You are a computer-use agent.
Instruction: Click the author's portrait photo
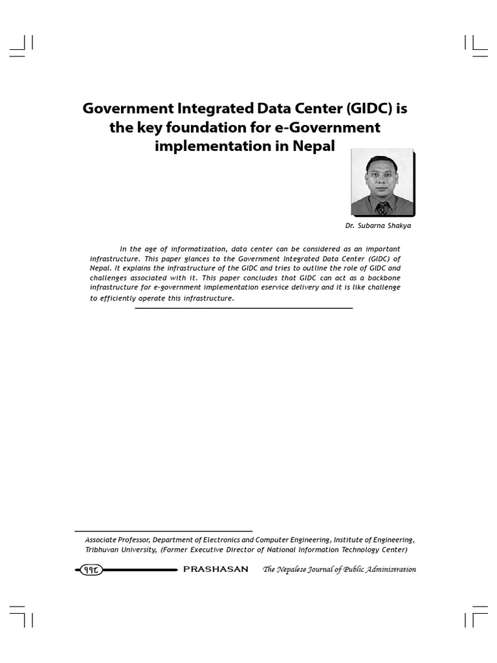pyautogui.click(x=382, y=184)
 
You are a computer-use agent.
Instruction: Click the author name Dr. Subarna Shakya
pyautogui.click(x=378, y=226)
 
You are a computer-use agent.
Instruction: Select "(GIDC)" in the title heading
pyautogui.click(x=364, y=108)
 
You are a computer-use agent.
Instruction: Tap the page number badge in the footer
pyautogui.click(x=89, y=570)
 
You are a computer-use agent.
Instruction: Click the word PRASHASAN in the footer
pyautogui.click(x=215, y=570)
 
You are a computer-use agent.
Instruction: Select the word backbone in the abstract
pyautogui.click(x=383, y=278)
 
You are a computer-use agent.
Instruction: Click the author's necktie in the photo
pyautogui.click(x=382, y=208)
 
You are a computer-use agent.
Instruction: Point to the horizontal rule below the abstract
pyautogui.click(x=243, y=308)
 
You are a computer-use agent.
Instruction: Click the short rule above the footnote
pyautogui.click(x=163, y=531)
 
